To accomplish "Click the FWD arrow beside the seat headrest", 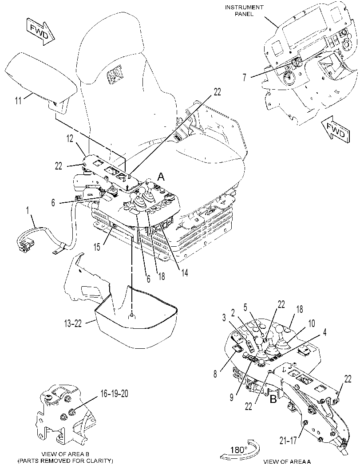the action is [40, 32].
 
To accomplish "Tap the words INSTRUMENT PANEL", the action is [244, 11].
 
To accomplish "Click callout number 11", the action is [18, 100].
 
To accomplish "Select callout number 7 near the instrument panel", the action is [245, 78].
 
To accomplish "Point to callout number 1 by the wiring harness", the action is [28, 211].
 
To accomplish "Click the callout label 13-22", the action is [73, 323].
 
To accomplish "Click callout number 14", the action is [184, 272].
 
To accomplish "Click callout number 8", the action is [215, 374].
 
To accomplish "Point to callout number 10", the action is [311, 323].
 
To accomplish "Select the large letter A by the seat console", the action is [161, 177].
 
